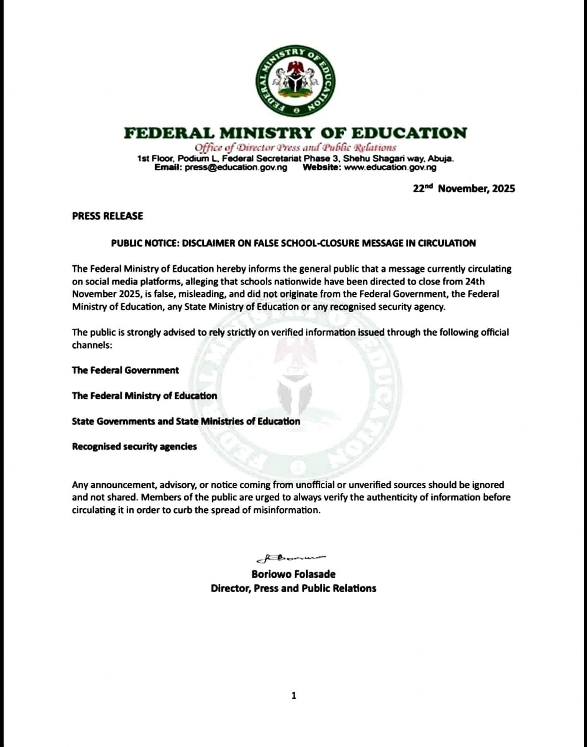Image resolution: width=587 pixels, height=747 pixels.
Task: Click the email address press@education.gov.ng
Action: (x=236, y=168)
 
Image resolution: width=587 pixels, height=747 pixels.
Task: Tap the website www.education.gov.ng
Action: (x=390, y=168)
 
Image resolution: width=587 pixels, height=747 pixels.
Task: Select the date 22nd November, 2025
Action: (x=464, y=189)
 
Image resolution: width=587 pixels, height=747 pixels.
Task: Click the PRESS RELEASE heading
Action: (x=108, y=216)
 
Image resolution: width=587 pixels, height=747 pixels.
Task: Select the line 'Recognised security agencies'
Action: (x=134, y=447)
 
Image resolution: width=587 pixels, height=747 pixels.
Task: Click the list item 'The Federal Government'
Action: (x=125, y=370)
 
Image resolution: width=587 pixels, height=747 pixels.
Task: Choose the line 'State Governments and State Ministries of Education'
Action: (x=186, y=421)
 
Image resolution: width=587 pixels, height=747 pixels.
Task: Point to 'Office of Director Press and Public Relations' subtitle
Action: (x=295, y=148)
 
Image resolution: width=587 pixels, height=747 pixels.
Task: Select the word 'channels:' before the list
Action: (x=92, y=345)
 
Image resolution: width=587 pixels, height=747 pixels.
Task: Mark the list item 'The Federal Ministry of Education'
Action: (x=144, y=396)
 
